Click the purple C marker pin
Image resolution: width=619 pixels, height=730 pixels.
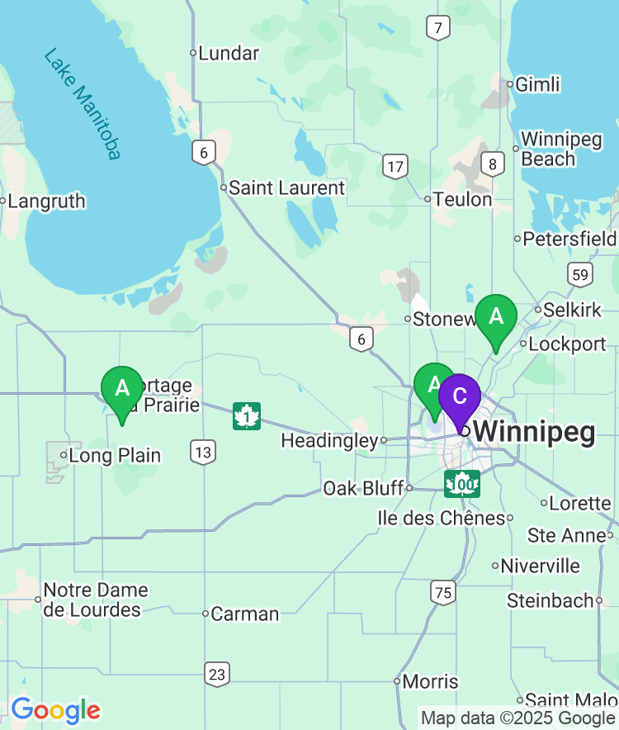(460, 396)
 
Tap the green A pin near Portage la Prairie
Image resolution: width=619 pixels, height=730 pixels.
(122, 388)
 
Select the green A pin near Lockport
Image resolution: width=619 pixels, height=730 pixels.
(496, 317)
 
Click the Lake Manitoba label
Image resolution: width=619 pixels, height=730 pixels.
(83, 104)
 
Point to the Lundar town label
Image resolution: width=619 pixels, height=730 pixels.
(229, 54)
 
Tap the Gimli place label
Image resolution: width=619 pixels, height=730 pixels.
(537, 84)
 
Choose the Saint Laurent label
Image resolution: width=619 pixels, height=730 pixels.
(286, 188)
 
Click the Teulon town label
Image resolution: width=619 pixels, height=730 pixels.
(463, 199)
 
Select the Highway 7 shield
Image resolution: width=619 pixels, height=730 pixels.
(438, 28)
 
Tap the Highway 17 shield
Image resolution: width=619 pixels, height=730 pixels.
(395, 168)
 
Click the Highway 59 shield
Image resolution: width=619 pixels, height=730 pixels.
(579, 274)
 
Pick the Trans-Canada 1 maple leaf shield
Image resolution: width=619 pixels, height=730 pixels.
(247, 416)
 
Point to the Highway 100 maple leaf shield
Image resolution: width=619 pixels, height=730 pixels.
(462, 484)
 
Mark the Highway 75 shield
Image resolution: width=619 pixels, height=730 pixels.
(442, 591)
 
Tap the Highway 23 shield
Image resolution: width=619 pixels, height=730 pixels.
(217, 674)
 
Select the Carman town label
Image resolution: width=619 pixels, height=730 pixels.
(244, 614)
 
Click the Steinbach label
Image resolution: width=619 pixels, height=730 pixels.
(550, 600)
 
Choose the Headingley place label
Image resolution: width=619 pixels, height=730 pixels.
(329, 441)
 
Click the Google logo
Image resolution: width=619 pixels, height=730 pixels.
(55, 710)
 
